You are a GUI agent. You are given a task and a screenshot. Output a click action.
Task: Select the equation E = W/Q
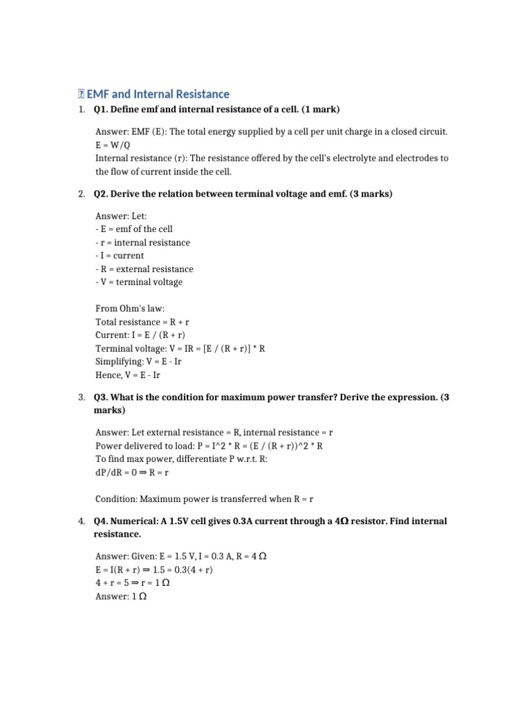tap(113, 145)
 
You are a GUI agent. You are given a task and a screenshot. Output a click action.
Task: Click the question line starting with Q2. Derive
tap(243, 195)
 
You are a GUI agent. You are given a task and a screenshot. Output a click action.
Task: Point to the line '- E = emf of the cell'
tap(133, 229)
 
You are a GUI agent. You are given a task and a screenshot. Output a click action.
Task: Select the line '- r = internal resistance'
tap(142, 242)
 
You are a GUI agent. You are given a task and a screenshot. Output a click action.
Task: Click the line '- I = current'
tap(120, 255)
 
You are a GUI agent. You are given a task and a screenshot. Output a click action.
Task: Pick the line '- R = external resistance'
tap(145, 269)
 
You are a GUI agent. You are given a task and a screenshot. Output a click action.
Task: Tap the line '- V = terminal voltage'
tap(139, 282)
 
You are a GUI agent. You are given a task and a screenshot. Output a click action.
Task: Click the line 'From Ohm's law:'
tap(130, 309)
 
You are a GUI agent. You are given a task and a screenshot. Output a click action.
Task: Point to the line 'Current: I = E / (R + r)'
tap(145, 335)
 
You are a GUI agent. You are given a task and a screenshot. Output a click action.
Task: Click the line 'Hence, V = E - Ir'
tap(128, 375)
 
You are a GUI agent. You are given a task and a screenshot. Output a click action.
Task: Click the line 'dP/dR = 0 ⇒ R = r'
tap(132, 473)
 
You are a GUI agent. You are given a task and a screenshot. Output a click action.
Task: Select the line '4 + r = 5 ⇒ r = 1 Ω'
tap(133, 583)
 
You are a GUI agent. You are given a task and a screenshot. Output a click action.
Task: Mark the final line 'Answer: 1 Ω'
tap(120, 596)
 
